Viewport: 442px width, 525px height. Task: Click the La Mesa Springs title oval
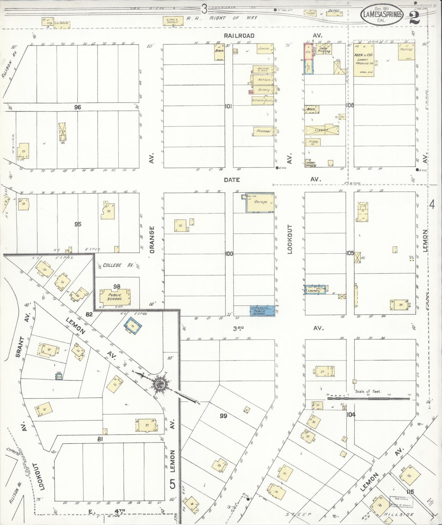[382, 15]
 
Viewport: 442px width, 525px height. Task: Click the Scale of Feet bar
[369, 398]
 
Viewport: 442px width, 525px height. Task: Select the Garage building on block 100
[260, 202]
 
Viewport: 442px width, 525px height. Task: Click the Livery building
[321, 130]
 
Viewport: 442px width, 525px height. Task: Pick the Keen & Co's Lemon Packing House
[363, 60]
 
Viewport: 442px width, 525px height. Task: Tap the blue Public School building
[262, 311]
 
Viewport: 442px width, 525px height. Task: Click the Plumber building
[264, 131]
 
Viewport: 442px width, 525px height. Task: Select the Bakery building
[263, 90]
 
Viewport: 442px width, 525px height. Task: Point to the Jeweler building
[265, 49]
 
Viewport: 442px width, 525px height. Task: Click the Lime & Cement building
[173, 21]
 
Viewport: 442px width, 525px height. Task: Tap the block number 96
[77, 107]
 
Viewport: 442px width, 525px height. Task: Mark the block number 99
[224, 416]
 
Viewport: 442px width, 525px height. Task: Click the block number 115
[410, 491]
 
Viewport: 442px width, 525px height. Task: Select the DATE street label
[232, 180]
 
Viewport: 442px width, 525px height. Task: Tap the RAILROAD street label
[239, 36]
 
